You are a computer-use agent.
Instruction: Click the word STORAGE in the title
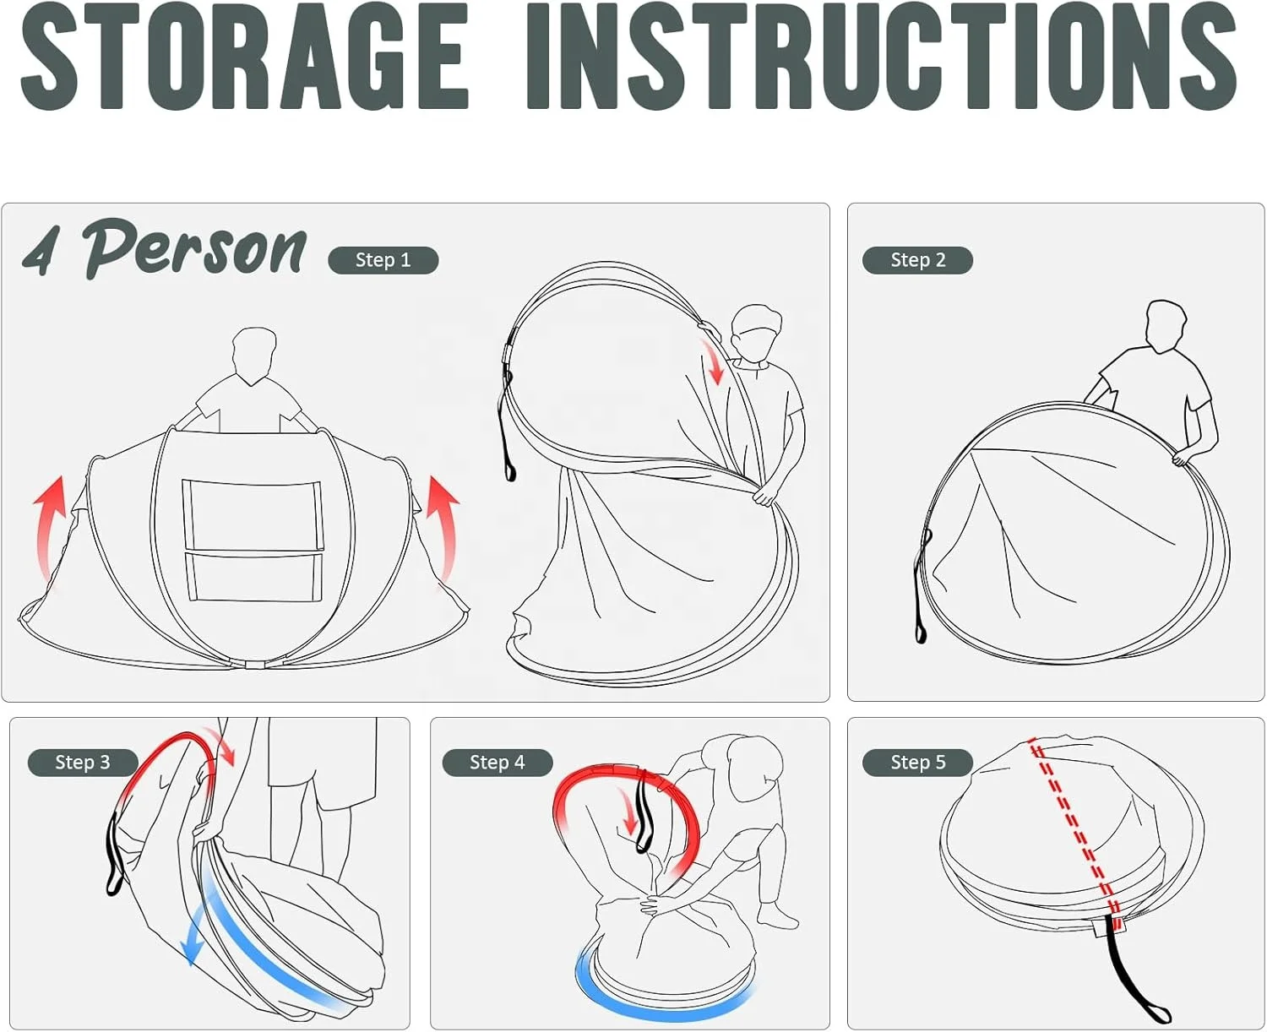[x=245, y=57]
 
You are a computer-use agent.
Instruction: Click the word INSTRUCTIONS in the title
[x=883, y=57]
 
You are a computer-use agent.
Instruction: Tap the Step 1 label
[x=383, y=260]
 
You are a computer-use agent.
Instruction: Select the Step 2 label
[x=917, y=260]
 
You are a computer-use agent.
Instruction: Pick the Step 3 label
[x=83, y=763]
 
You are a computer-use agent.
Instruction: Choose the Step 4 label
[x=498, y=763]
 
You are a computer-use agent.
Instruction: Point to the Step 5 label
[x=917, y=763]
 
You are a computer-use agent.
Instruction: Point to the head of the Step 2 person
[x=1166, y=327]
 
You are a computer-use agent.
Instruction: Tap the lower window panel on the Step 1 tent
[x=253, y=576]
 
